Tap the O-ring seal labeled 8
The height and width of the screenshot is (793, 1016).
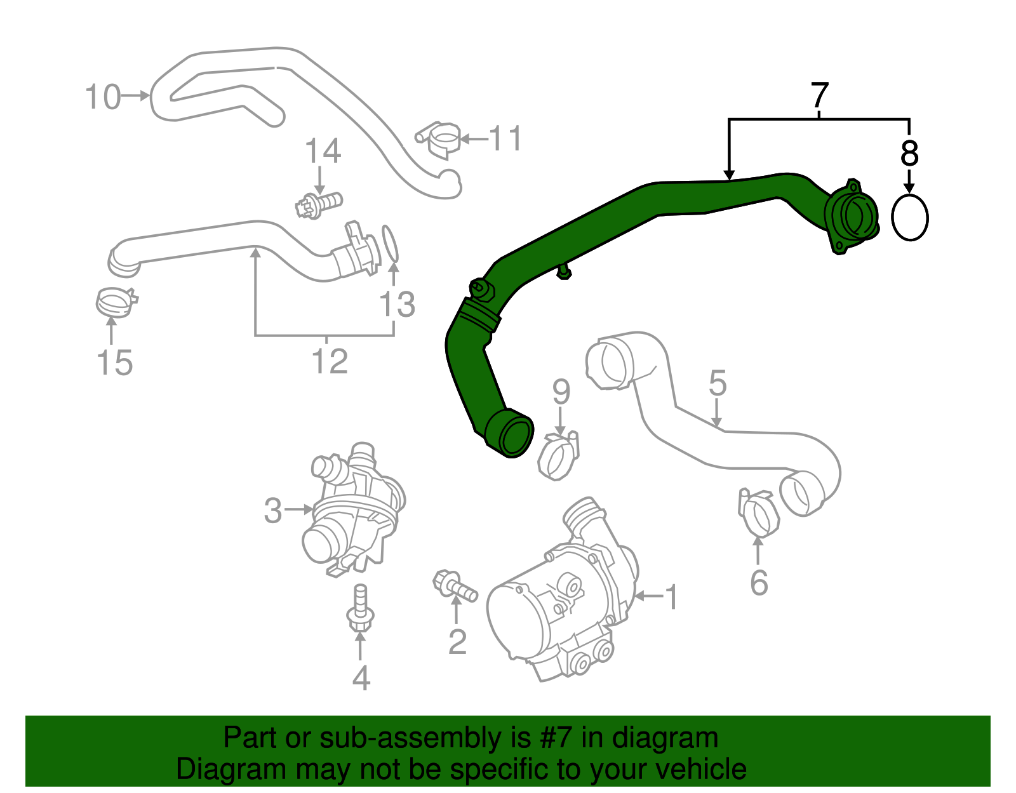pyautogui.click(x=909, y=217)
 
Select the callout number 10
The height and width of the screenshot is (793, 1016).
pyautogui.click(x=103, y=97)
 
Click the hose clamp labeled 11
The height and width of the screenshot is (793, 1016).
pyautogui.click(x=440, y=137)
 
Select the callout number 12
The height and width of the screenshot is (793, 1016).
pyautogui.click(x=330, y=362)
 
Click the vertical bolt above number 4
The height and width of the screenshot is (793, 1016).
pyautogui.click(x=360, y=608)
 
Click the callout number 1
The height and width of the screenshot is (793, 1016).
pyautogui.click(x=671, y=597)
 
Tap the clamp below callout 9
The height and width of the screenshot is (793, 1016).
pyautogui.click(x=559, y=456)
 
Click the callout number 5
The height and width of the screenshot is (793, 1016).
pyautogui.click(x=717, y=383)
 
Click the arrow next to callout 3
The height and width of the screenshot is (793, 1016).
pyautogui.click(x=298, y=509)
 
